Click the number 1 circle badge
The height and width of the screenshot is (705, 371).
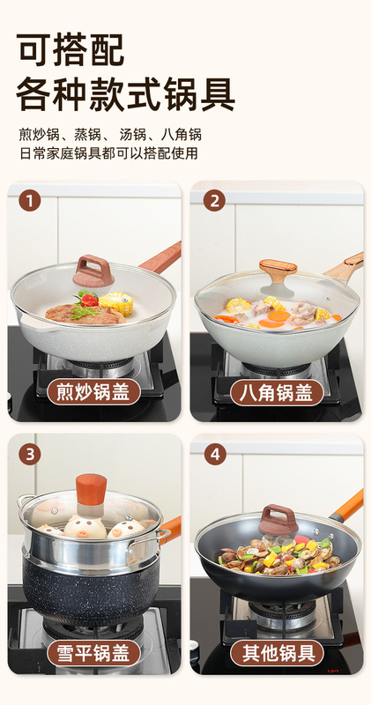point(30,201)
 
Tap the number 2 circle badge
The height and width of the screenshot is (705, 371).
point(214,201)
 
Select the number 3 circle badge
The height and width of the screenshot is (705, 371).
point(30,454)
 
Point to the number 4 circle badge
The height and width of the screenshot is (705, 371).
point(215,454)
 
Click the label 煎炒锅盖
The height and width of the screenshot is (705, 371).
point(94,392)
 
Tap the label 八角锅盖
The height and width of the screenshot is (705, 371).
point(277,392)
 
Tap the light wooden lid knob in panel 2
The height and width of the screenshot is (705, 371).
point(278,273)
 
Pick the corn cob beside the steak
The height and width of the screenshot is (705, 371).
point(116,302)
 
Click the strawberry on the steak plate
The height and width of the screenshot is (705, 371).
point(89,300)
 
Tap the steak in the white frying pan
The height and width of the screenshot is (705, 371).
point(85,315)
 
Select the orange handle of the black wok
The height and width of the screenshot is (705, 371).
point(346,507)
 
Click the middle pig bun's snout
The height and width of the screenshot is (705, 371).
point(85,533)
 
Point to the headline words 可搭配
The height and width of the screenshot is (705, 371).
point(70,49)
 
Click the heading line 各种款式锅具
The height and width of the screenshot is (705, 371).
point(125,94)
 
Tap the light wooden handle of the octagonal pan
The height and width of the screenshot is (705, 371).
point(344,268)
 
